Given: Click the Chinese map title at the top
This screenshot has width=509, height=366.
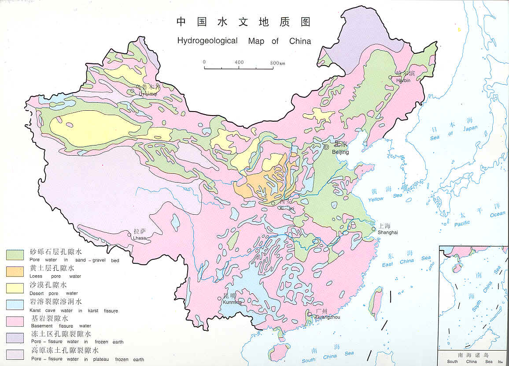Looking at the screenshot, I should pyautogui.click(x=243, y=22).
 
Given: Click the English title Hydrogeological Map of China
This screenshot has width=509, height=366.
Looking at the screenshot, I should pyautogui.click(x=244, y=41).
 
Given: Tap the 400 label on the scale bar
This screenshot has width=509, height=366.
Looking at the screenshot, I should pyautogui.click(x=239, y=62).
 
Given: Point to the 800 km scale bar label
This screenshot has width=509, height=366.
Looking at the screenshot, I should pyautogui.click(x=277, y=63).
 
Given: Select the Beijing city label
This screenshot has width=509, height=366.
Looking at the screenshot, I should pyautogui.click(x=340, y=152).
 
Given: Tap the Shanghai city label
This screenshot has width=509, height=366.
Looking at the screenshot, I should pyautogui.click(x=387, y=232).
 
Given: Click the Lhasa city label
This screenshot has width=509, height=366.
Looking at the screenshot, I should pyautogui.click(x=139, y=238).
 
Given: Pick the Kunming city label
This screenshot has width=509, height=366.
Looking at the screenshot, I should pyautogui.click(x=232, y=302).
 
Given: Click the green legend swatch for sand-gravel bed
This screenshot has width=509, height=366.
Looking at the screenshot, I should pyautogui.click(x=15, y=254).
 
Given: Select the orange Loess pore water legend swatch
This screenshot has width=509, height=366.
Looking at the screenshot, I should pyautogui.click(x=15, y=271).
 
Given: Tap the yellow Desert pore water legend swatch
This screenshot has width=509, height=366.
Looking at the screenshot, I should pyautogui.click(x=15, y=288).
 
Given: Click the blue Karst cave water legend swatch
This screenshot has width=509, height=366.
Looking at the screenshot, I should pyautogui.click(x=15, y=305).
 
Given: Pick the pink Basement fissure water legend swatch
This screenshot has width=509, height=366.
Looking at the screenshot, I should pyautogui.click(x=15, y=321).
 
